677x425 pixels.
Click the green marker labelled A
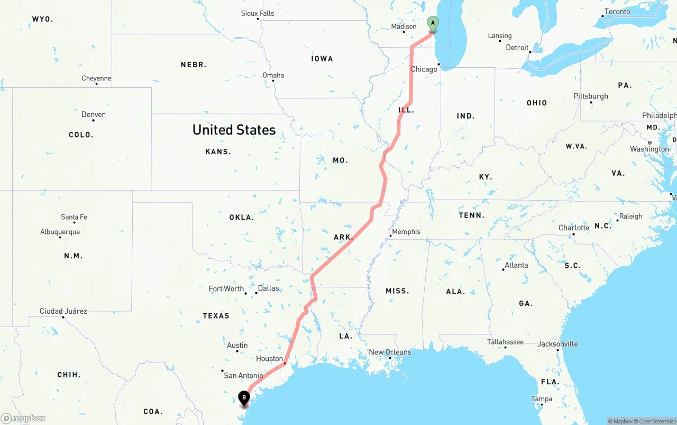tap(433, 23)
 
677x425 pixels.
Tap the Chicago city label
tap(424, 69)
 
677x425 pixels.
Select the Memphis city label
tap(406, 232)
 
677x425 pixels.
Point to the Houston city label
tap(269, 359)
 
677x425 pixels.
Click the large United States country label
tap(234, 130)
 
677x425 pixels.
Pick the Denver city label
tap(93, 115)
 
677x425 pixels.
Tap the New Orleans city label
tap(390, 352)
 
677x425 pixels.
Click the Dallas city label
tap(268, 288)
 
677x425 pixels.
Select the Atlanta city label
tap(516, 265)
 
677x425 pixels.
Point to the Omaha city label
tap(273, 75)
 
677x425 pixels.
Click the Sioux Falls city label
tap(258, 13)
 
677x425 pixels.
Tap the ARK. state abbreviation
tap(343, 237)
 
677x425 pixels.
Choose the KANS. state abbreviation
tap(218, 152)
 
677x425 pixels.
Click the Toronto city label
tap(617, 12)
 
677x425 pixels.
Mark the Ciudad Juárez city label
tap(63, 311)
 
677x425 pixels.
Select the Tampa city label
tap(542, 399)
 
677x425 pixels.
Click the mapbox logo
tap(23, 419)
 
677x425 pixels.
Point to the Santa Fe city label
tap(74, 217)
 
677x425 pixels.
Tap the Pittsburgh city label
tap(591, 96)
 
